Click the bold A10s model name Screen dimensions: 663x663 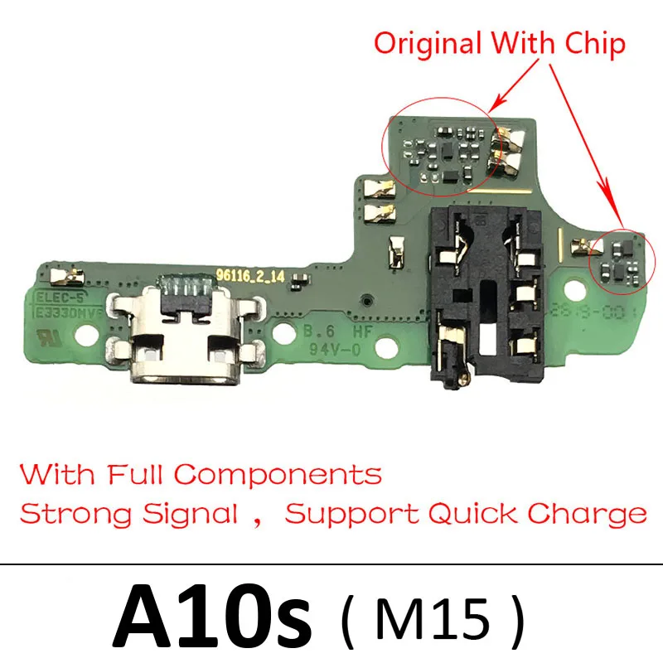point(212,614)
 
